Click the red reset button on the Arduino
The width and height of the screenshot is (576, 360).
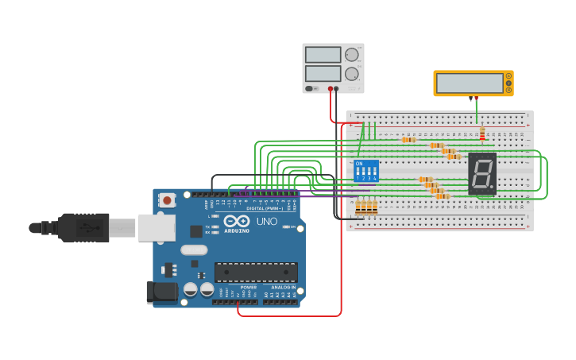tap(167, 200)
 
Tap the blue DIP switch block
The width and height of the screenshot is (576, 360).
tap(366, 172)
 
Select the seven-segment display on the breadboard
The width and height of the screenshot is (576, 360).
tap(481, 173)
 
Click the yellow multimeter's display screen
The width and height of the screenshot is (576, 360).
tap(469, 83)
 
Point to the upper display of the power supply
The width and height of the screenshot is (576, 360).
tap(323, 55)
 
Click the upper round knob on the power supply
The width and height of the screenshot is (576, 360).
tap(351, 55)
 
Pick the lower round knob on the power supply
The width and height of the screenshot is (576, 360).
tap(351, 74)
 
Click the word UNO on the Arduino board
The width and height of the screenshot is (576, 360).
tap(268, 221)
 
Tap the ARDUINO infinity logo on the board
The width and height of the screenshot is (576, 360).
tap(236, 222)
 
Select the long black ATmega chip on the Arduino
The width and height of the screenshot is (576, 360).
tap(256, 272)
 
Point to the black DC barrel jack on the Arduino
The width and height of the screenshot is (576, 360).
tap(162, 292)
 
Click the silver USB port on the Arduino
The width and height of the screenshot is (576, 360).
tap(157, 227)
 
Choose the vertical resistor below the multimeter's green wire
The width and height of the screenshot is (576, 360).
tap(481, 134)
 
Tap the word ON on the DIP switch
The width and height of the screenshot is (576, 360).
tap(359, 164)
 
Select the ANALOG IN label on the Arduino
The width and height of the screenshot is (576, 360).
tap(283, 288)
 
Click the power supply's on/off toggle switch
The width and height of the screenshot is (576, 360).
tap(311, 88)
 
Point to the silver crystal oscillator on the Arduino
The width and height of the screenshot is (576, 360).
tap(194, 250)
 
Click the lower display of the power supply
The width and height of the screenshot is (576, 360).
tap(323, 74)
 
